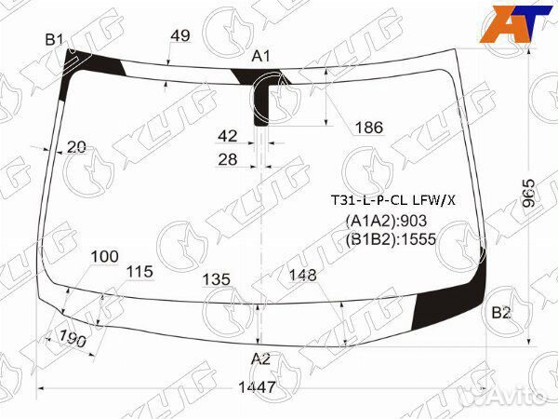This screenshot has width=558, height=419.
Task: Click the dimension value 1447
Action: pos(257,386)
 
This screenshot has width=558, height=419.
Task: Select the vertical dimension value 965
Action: pos(529,194)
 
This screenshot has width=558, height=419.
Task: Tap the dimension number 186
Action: pos(369,128)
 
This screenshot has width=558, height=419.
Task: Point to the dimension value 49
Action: pos(180,35)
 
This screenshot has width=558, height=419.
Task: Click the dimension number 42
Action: pos(228,136)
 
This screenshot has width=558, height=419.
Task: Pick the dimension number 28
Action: pos(228,159)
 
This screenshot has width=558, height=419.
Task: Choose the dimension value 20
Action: pos(76,147)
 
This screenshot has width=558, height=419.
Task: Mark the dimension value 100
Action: pos(104,256)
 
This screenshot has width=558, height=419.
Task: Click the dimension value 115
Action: pos(139,272)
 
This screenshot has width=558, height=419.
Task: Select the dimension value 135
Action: pos(217,279)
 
